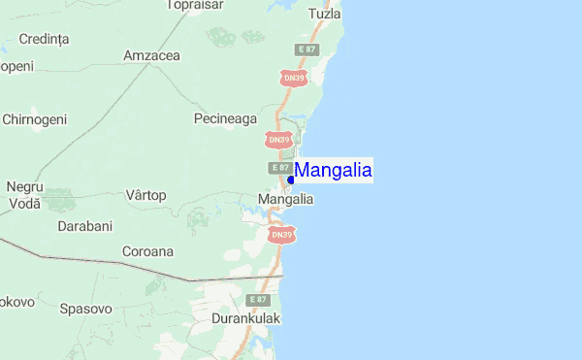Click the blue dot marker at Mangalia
[x=291, y=180]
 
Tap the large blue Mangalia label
[x=333, y=171]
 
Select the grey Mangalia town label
[x=285, y=199]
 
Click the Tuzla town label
[x=324, y=15]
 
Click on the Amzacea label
[x=151, y=55]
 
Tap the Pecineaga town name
[x=225, y=118]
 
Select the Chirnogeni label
[x=35, y=118]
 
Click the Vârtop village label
[x=145, y=195]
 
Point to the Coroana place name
[x=147, y=250]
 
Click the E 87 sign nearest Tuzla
[x=307, y=49]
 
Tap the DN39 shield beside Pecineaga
[x=278, y=140]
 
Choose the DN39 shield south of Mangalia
[x=281, y=235]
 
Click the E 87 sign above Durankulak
[x=257, y=299]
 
